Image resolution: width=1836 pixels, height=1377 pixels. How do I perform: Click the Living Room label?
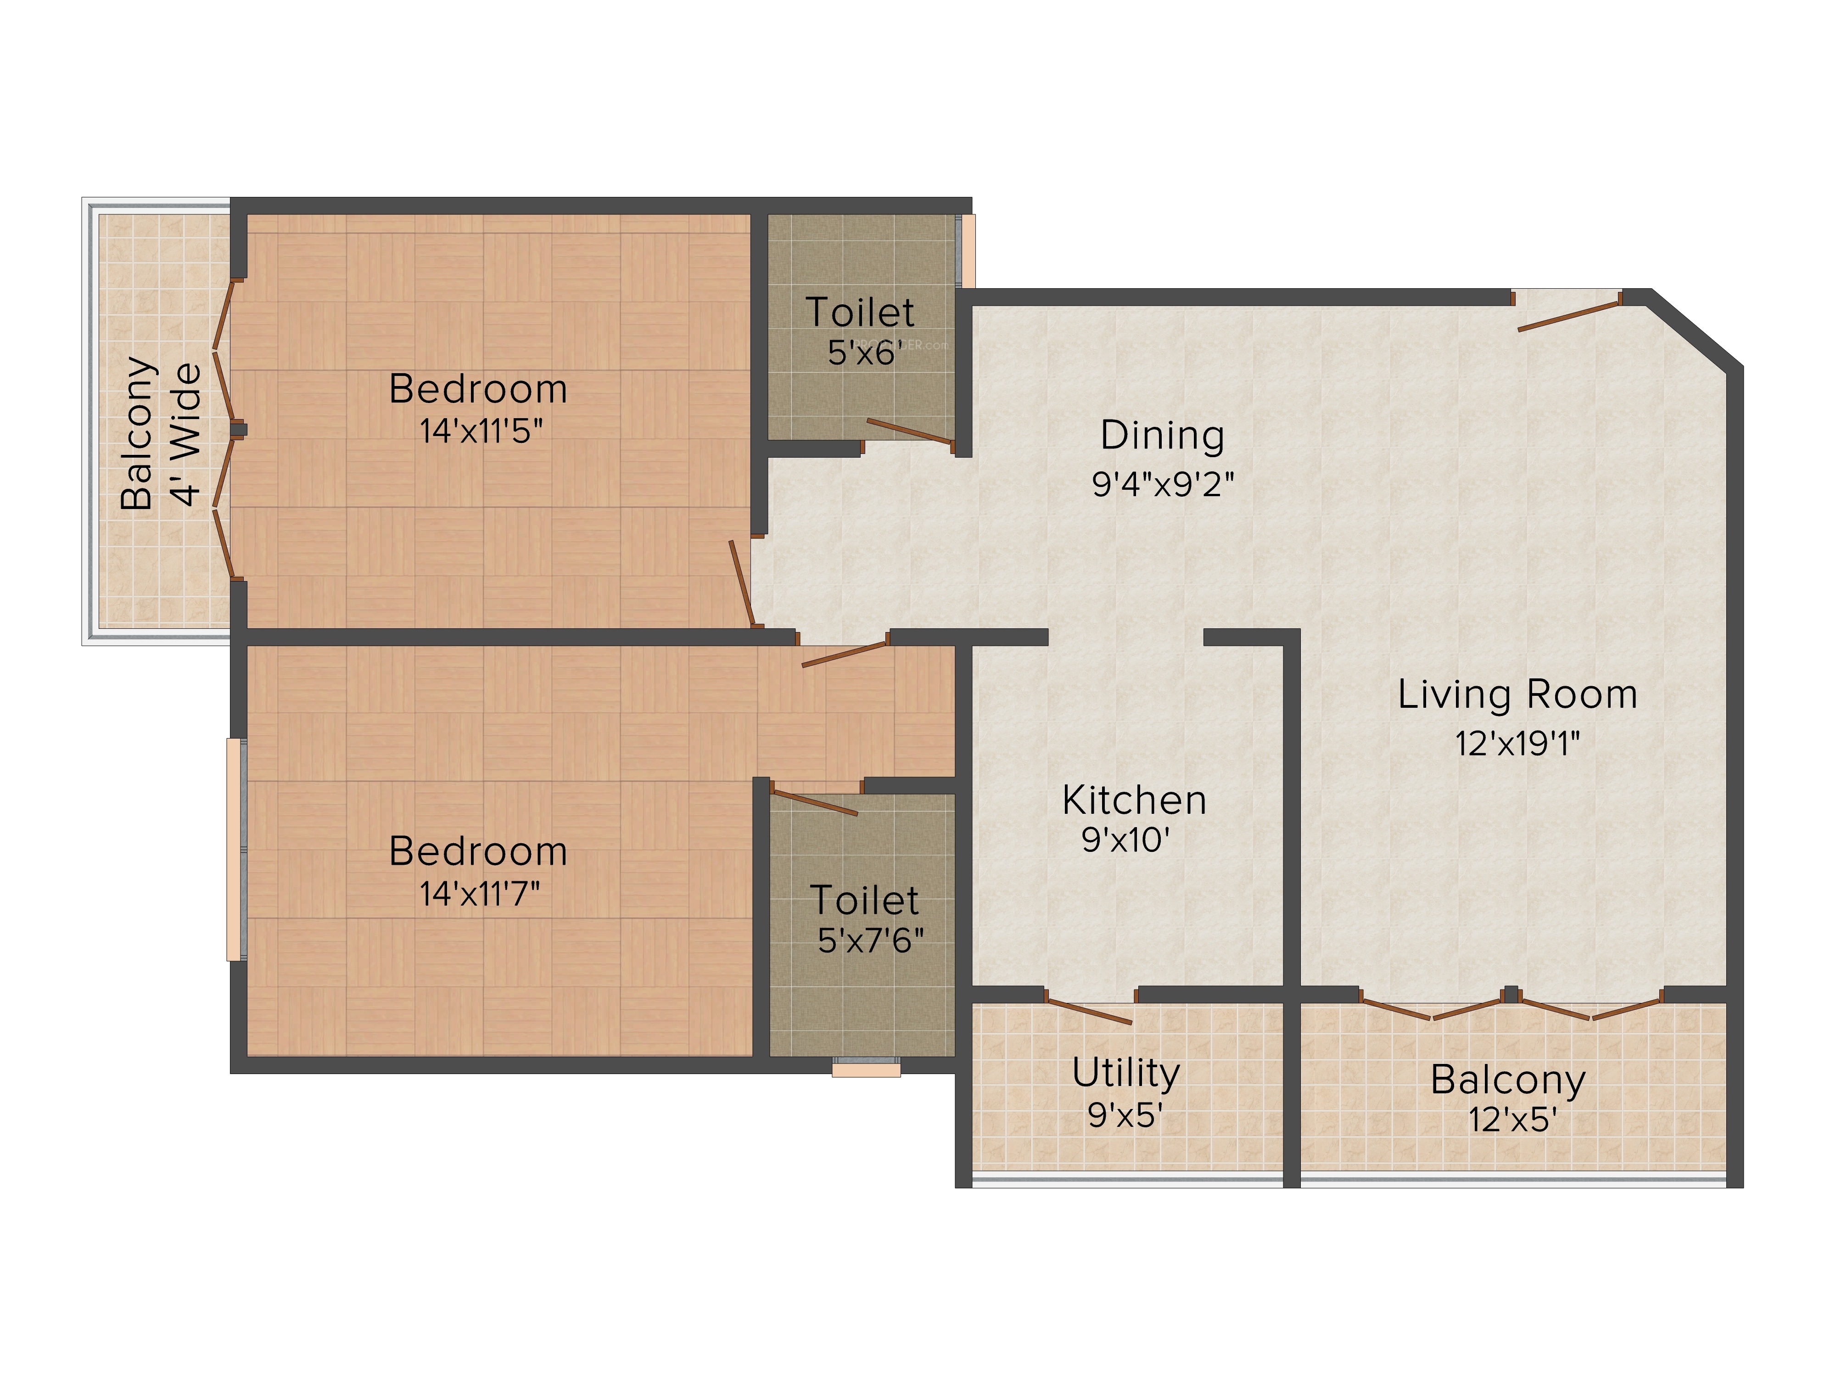(1517, 695)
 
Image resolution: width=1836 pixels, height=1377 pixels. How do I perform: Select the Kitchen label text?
(1134, 800)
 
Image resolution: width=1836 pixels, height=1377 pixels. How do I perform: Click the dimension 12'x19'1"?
(1517, 744)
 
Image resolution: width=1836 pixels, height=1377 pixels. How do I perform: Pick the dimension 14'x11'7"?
(480, 894)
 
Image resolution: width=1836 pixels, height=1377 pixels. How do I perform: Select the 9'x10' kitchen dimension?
(1125, 840)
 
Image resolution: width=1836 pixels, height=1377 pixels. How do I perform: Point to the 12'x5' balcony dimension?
(1512, 1120)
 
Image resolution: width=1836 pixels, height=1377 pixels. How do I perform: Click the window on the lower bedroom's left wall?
(236, 849)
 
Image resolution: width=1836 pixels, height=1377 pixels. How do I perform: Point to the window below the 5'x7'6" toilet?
(866, 1067)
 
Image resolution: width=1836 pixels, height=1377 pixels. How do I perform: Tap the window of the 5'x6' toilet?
(965, 251)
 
